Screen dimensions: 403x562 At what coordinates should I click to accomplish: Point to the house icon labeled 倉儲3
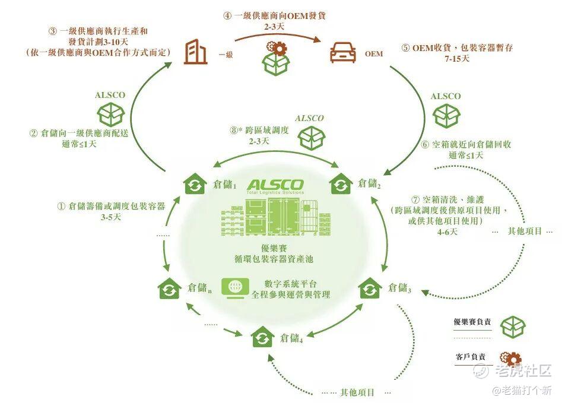371,288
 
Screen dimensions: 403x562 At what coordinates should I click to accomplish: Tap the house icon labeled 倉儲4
263,337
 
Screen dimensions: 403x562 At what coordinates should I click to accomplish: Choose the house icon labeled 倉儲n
169,288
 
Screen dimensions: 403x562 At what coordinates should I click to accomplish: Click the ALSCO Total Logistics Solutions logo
276,186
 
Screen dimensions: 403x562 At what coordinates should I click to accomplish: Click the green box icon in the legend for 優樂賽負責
512,326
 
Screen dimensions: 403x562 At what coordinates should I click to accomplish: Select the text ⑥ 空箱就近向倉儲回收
466,144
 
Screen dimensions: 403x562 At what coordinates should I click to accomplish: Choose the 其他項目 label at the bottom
357,392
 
